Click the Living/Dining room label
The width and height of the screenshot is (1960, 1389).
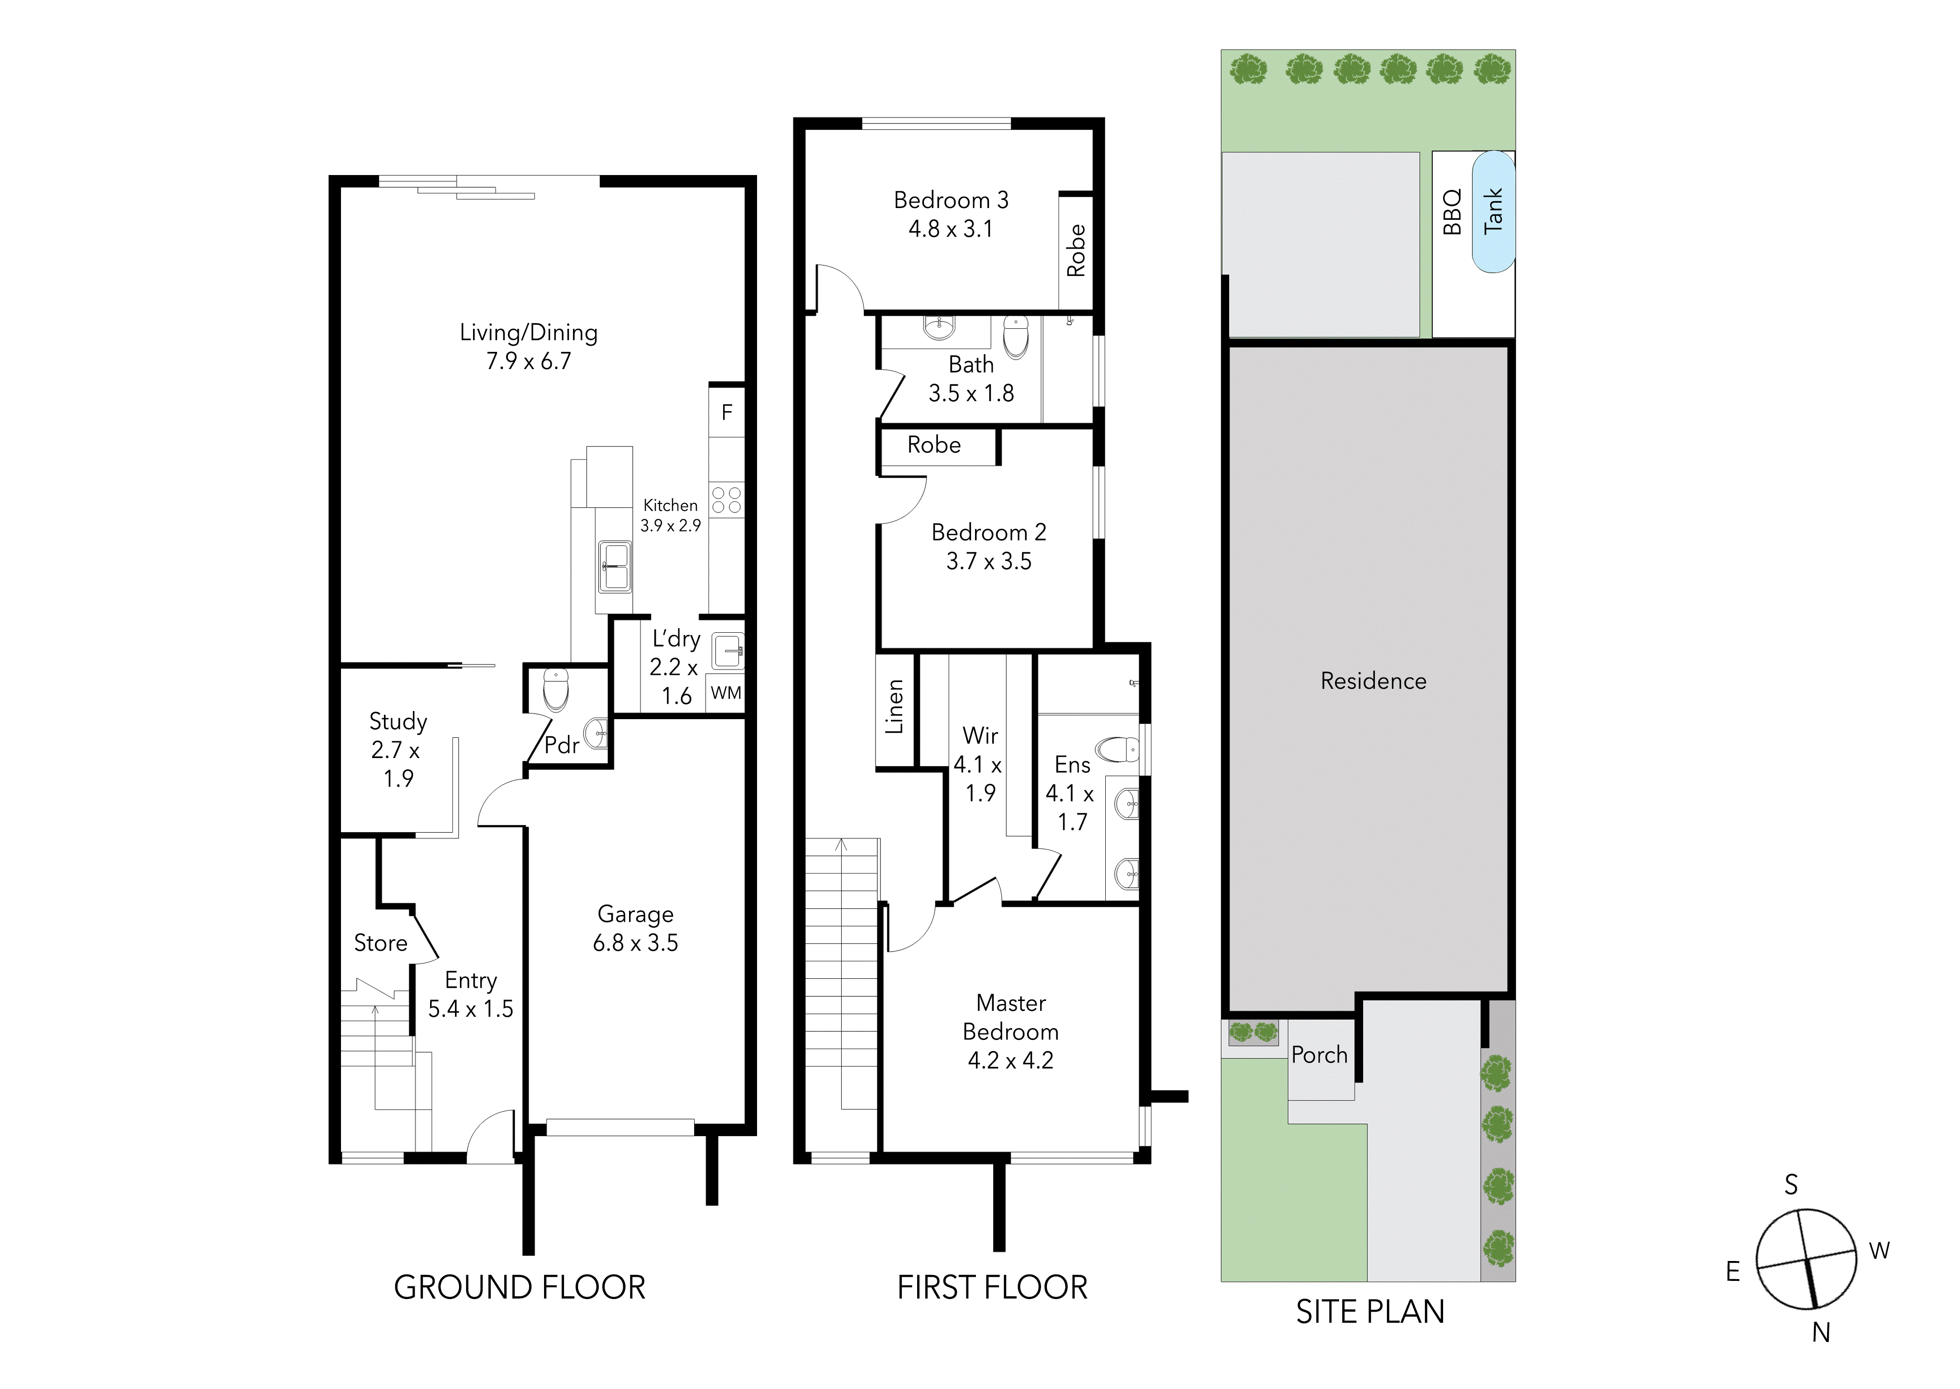[529, 346]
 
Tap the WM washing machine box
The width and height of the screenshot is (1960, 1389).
[726, 693]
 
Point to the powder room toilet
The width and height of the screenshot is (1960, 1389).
[556, 689]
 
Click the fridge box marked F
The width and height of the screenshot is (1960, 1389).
[727, 412]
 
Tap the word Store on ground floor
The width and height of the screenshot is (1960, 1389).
[380, 943]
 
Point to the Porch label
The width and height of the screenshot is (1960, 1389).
[1320, 1055]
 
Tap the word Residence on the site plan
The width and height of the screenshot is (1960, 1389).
[1373, 681]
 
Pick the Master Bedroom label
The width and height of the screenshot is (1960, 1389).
[1011, 1032]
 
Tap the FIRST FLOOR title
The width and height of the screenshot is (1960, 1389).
[992, 1287]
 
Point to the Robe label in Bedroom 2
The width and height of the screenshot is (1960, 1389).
[934, 445]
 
